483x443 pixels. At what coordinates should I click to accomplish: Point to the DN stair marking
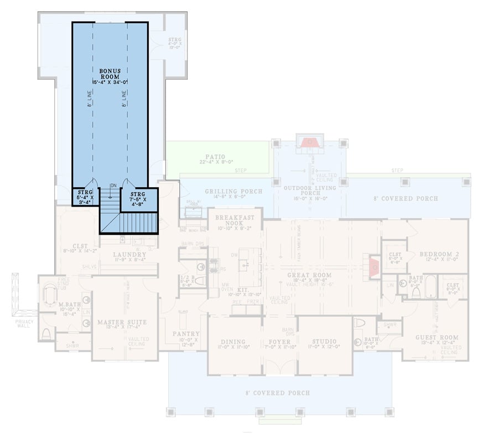112,186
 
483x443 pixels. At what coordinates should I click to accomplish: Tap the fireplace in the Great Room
374,265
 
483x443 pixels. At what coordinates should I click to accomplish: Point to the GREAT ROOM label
309,275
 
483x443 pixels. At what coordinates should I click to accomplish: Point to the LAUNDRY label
129,255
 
